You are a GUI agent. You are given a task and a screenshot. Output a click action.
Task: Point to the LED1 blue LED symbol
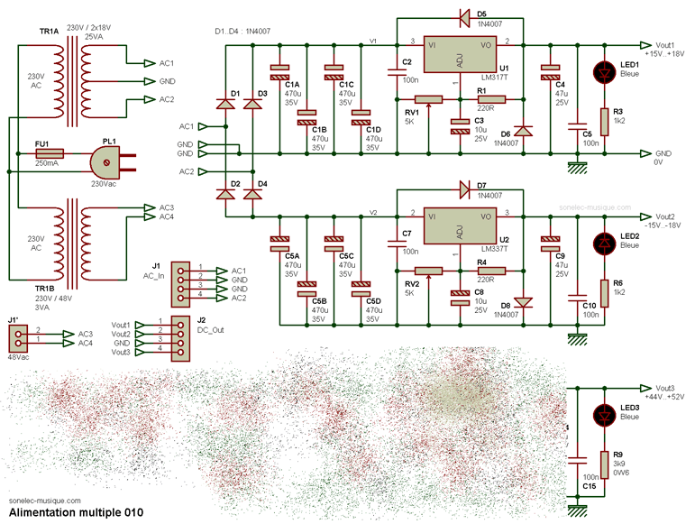click(603, 72)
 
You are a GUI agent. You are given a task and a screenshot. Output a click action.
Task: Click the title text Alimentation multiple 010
click(75, 513)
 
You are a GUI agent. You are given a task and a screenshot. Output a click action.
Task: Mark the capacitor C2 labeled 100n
click(396, 71)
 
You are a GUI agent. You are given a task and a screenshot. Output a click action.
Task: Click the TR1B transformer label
click(46, 288)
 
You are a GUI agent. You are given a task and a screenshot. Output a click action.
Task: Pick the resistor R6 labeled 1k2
click(604, 289)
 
